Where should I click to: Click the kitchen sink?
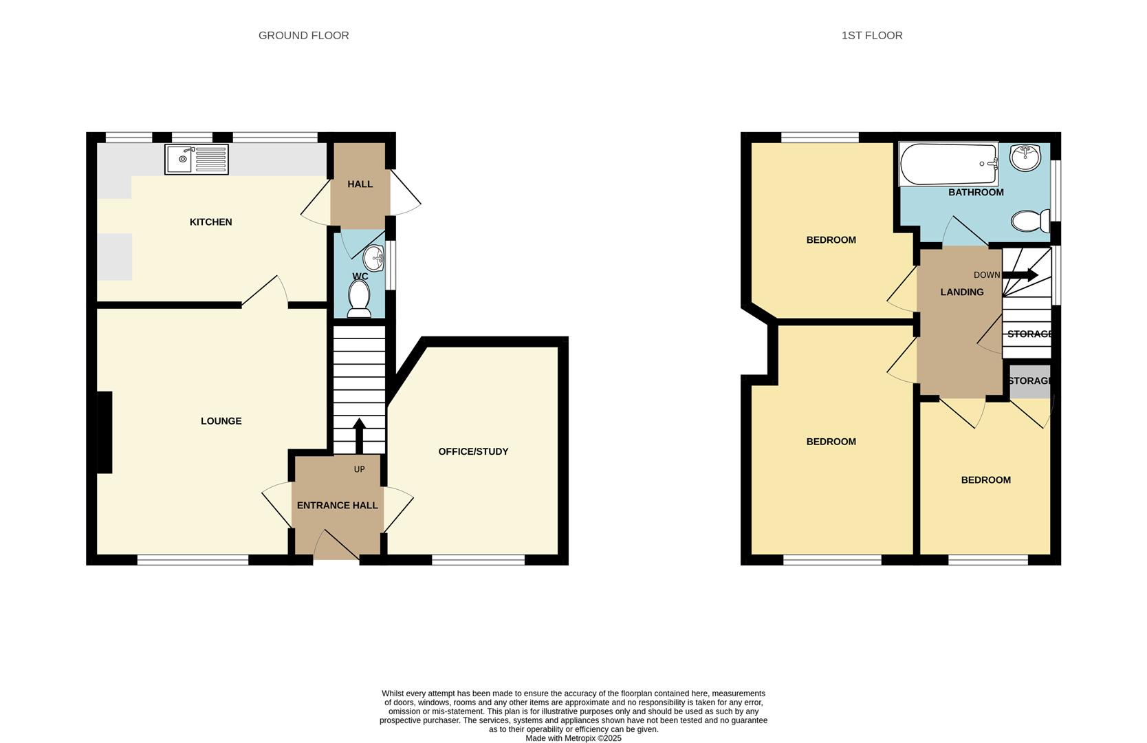197,160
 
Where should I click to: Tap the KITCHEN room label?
211,222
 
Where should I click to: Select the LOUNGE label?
221,421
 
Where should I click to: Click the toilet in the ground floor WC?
359,299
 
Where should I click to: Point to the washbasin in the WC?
374,258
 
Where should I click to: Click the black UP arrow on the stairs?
359,436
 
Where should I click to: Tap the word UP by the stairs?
360,469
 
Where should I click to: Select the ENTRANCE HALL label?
338,505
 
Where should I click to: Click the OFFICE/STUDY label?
473,451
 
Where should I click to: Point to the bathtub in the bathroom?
949,164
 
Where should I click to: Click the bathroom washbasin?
1025,158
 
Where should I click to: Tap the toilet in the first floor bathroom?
1031,222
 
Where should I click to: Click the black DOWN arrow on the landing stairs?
1020,275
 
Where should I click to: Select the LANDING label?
962,292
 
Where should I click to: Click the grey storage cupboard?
1030,381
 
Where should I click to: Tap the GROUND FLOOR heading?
304,35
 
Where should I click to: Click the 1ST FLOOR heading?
872,35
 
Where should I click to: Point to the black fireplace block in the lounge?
105,433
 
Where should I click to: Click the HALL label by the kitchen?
360,184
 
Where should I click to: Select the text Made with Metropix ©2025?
573,738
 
